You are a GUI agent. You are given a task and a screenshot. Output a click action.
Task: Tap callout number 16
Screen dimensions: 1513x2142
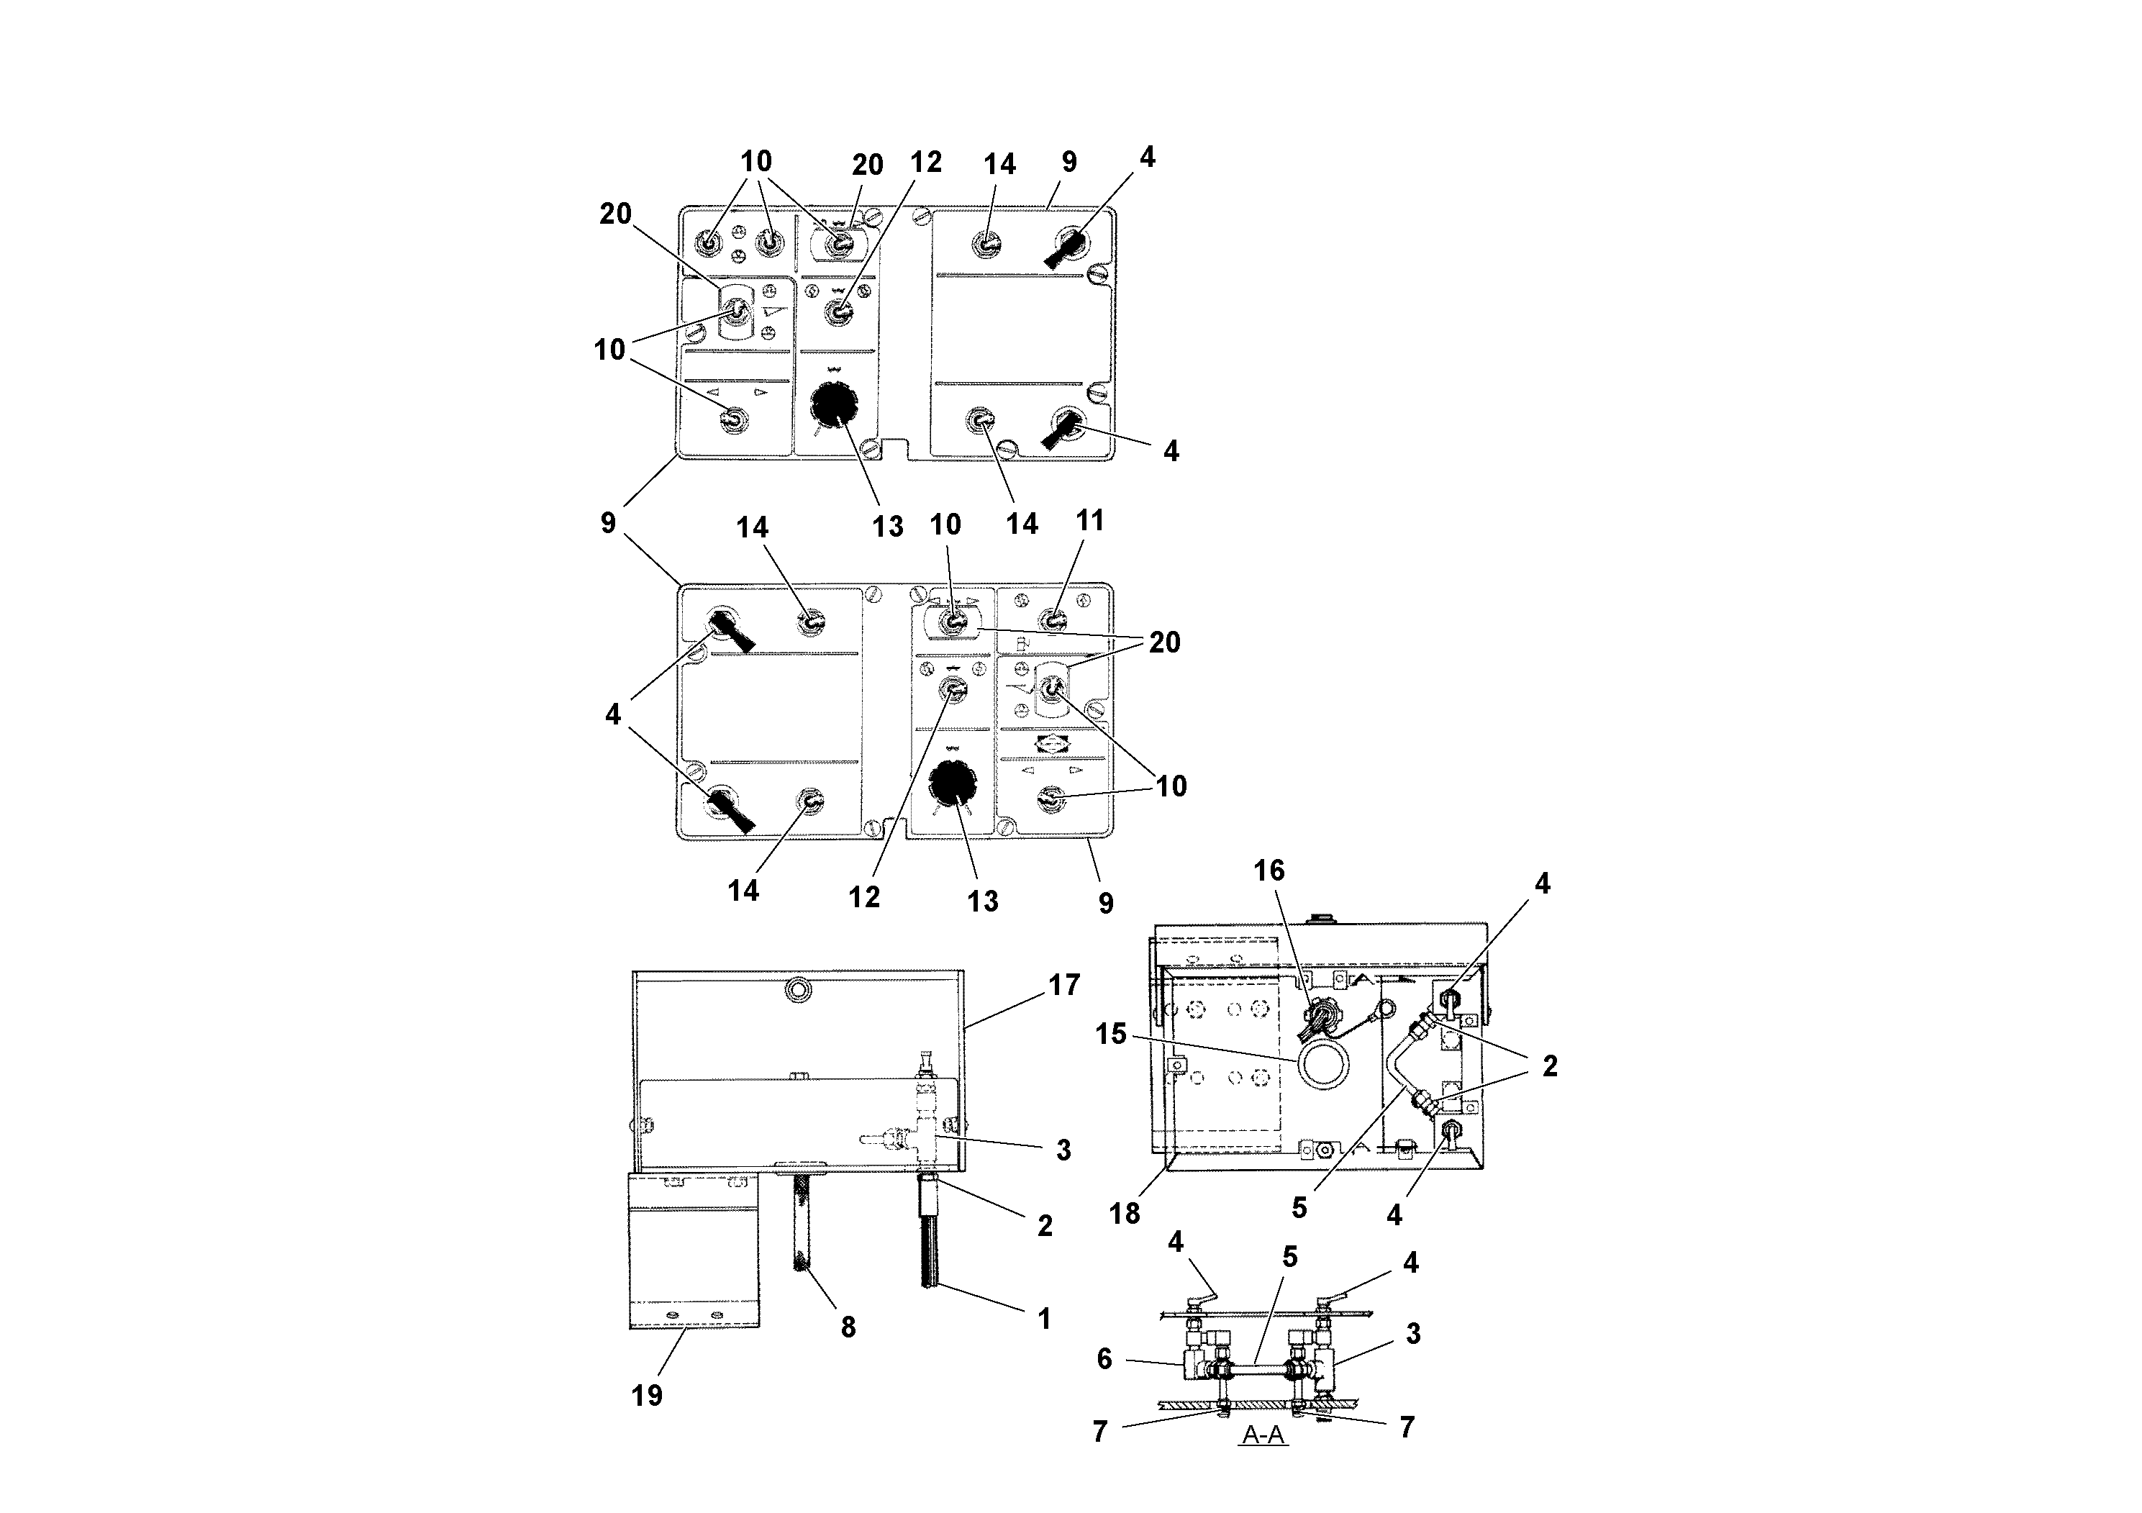1269,871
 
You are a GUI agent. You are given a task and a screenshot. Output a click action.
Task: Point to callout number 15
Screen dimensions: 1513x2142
1111,1034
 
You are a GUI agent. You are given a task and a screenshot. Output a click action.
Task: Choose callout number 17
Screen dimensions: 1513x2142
1064,984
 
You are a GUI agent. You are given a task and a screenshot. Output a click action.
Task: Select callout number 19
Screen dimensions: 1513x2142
647,1396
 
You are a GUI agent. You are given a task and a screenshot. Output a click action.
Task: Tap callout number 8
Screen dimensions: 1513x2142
848,1327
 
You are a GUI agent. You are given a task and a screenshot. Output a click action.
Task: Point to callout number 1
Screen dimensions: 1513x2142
1044,1318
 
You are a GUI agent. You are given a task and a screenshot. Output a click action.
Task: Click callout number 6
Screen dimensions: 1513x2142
1104,1359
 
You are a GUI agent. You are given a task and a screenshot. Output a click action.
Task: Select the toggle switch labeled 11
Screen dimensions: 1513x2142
1053,619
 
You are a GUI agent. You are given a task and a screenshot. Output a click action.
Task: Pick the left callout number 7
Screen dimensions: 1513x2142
1100,1431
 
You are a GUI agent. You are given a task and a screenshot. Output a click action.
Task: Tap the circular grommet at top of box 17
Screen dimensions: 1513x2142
799,991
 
